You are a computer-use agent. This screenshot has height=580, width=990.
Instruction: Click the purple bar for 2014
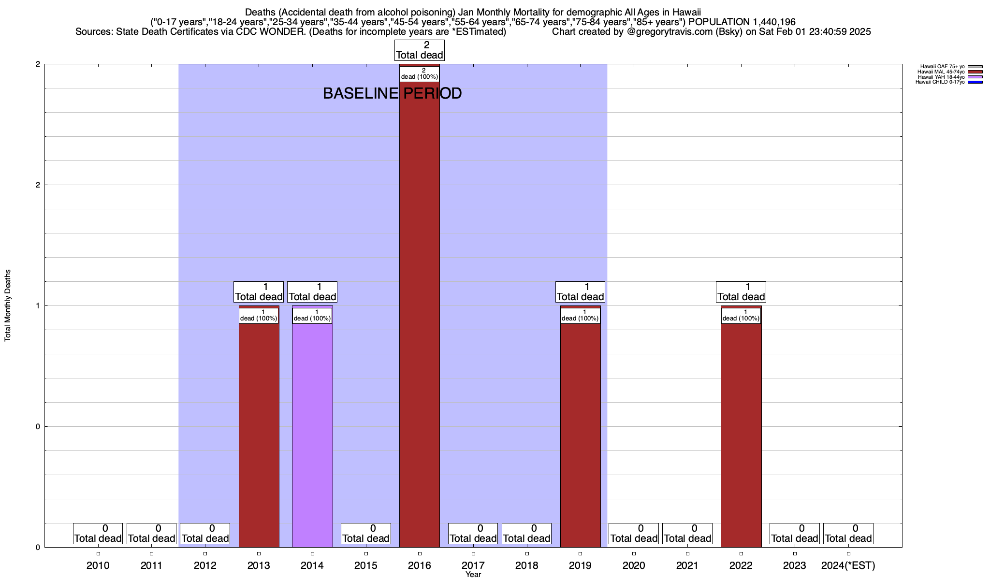pos(312,435)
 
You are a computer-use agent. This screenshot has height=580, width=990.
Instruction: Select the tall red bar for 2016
pos(419,314)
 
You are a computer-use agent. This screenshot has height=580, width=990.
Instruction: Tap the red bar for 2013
pos(259,435)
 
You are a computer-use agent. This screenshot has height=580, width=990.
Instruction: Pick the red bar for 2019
pos(580,435)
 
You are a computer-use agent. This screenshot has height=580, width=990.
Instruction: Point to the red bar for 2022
pos(741,435)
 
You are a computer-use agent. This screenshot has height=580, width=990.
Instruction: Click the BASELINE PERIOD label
pos(392,93)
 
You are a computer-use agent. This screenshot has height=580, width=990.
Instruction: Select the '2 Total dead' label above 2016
pos(419,50)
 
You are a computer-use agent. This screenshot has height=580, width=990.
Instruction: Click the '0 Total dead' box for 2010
pos(98,534)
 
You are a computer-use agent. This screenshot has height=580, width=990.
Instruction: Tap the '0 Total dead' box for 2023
pos(794,534)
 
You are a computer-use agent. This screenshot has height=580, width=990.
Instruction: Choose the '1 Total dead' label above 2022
pos(741,292)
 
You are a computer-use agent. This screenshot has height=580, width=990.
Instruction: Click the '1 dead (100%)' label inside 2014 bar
pos(312,316)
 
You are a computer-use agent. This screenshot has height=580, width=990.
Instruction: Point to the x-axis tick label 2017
pos(473,565)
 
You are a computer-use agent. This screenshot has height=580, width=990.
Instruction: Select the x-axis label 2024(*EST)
pos(848,565)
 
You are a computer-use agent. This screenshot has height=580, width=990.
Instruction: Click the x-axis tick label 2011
pos(151,565)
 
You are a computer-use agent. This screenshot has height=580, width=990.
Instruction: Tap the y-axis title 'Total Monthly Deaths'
pos(8,305)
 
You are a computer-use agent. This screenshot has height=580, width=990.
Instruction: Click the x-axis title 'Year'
pos(473,575)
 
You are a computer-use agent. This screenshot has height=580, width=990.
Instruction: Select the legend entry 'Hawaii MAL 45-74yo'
pos(941,72)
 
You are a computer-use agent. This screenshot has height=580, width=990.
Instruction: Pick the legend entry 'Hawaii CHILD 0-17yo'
pos(940,82)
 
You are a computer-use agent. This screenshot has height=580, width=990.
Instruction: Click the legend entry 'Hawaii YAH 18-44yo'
pos(941,77)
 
